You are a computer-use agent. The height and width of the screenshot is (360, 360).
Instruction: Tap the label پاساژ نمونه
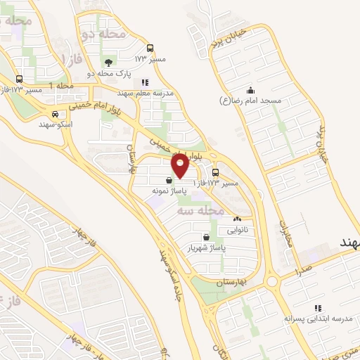tap(168, 191)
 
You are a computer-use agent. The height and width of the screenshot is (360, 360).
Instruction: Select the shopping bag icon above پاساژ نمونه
tap(169, 180)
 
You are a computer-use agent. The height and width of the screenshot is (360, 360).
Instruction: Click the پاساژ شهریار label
tap(204, 248)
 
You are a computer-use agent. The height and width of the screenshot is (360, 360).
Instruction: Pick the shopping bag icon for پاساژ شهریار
tap(205, 238)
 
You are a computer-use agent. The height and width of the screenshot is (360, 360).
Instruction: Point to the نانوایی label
tap(237, 230)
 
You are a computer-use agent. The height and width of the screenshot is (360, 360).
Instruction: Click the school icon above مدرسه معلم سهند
tap(145, 82)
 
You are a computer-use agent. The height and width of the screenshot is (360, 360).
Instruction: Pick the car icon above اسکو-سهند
tap(54, 113)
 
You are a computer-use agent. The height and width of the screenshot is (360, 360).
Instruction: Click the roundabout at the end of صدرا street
tap(274, 282)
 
